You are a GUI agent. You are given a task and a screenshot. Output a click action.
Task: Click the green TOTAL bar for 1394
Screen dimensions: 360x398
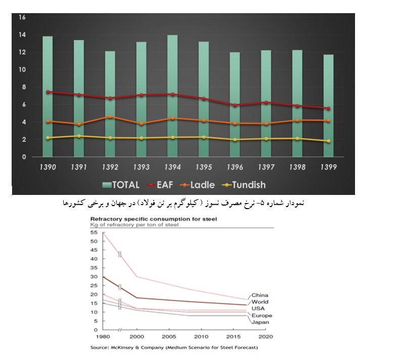[x=172, y=96]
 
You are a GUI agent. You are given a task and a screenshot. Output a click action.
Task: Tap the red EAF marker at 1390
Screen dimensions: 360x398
[x=48, y=92]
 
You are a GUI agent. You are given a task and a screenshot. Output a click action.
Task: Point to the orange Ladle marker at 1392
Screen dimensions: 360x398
[x=110, y=117]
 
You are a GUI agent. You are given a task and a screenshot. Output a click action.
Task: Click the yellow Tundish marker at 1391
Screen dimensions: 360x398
[x=79, y=136]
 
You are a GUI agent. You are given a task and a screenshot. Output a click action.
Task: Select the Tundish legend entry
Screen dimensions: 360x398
[x=245, y=185]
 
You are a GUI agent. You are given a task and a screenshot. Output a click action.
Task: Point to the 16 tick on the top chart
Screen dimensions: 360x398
[x=22, y=17]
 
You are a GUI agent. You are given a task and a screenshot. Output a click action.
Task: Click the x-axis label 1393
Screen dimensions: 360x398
[x=141, y=166]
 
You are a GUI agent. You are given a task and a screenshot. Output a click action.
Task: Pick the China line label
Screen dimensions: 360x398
[x=259, y=295]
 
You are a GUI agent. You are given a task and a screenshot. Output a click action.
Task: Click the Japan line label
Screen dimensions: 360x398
[x=260, y=322]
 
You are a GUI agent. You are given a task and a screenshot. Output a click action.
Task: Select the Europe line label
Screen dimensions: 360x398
[x=261, y=315]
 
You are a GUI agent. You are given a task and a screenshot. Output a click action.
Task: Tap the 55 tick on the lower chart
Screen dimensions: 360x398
[x=93, y=232]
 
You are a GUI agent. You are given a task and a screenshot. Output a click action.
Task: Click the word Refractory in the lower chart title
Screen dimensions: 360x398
[x=106, y=219]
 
